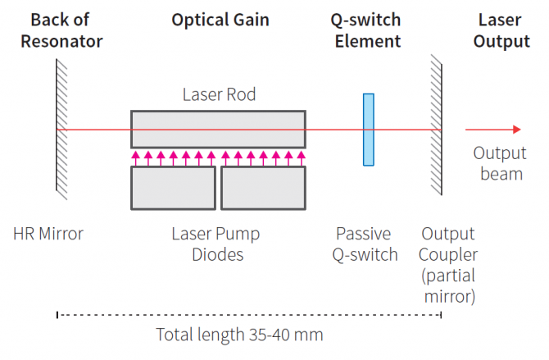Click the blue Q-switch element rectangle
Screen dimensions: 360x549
point(369,129)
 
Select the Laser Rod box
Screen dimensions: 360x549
point(218,129)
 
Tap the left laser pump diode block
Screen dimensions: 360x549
point(173,186)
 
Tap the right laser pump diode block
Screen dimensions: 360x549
point(263,186)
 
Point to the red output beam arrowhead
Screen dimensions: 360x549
point(515,130)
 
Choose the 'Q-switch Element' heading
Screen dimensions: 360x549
point(368,30)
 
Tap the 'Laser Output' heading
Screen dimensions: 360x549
point(502,30)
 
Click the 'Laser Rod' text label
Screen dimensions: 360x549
point(219,95)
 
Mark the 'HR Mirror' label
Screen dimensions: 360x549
point(48,235)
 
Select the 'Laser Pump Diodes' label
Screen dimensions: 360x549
point(216,244)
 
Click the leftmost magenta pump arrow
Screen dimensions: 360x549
point(136,157)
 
